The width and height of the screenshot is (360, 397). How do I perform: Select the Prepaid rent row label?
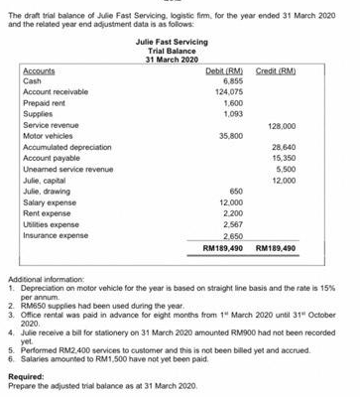pyautogui.click(x=46, y=106)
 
